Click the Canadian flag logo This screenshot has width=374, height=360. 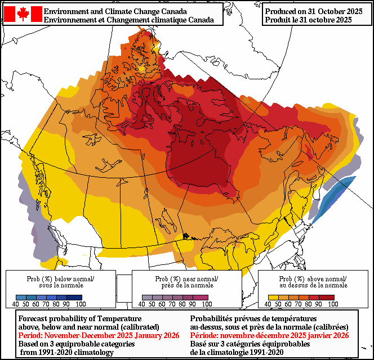[x=23, y=14]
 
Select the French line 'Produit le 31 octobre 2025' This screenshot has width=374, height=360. [x=309, y=20]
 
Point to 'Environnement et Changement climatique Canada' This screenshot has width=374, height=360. [x=129, y=20]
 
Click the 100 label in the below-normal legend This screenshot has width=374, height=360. [x=81, y=304]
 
